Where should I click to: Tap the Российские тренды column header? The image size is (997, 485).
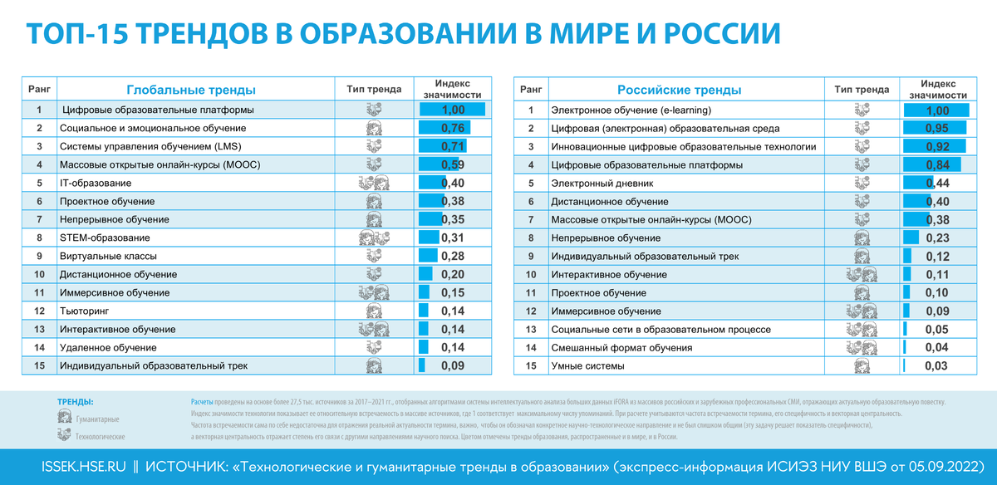tap(679, 90)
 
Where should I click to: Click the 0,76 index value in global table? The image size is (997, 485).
tap(453, 128)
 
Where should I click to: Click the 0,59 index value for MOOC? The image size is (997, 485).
tap(453, 164)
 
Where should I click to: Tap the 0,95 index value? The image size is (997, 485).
tap(937, 128)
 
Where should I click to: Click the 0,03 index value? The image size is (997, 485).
tap(936, 365)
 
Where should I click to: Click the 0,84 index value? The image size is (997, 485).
tap(937, 164)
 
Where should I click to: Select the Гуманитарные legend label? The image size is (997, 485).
tap(97, 419)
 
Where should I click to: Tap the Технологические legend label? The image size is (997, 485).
tap(100, 436)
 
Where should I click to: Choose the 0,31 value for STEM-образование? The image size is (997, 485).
tap(453, 238)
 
